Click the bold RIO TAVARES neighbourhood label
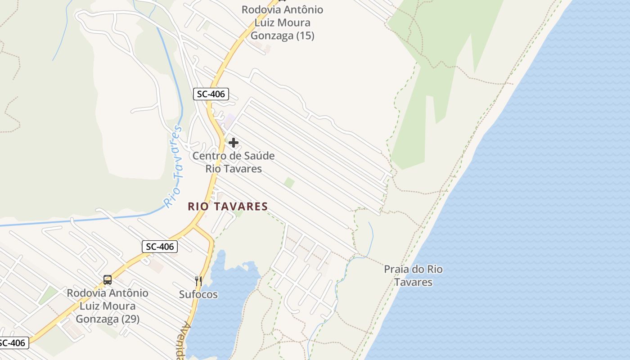228,207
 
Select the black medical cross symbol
234,143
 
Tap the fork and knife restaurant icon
198,281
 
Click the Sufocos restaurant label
198,295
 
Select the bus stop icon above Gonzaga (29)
108,280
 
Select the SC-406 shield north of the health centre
211,94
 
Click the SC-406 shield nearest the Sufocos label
160,247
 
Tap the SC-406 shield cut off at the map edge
13,343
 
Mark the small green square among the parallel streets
289,183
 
